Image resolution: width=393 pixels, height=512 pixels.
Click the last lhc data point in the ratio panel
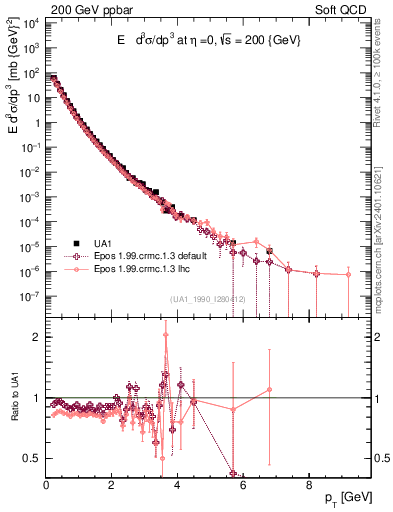[x=269, y=389]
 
